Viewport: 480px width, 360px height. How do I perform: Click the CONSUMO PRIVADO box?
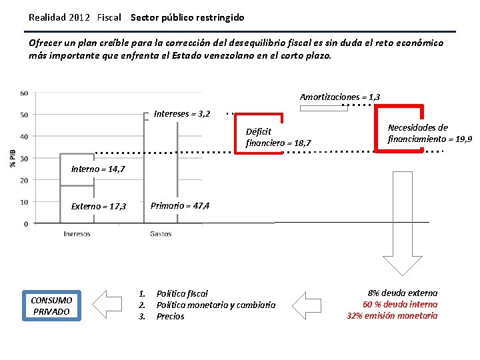pyautogui.click(x=51, y=305)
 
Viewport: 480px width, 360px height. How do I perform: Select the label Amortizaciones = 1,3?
pyautogui.click(x=340, y=97)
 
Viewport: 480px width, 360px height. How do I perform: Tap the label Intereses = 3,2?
pyautogui.click(x=181, y=114)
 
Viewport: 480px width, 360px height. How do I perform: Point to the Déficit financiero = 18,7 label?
pyautogui.click(x=278, y=137)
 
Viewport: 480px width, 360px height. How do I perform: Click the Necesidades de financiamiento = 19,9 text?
pyautogui.click(x=429, y=133)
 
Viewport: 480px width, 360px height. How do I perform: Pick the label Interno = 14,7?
pyautogui.click(x=97, y=169)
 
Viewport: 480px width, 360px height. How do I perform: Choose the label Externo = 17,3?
pyautogui.click(x=99, y=207)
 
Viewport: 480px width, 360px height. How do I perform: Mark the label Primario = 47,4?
pyautogui.click(x=180, y=205)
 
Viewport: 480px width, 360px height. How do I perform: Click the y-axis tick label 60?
pyautogui.click(x=24, y=93)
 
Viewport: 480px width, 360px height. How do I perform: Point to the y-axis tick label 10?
pyautogui.click(x=24, y=202)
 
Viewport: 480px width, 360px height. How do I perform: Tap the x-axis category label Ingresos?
pyautogui.click(x=77, y=234)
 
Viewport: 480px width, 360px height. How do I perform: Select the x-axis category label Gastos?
pyautogui.click(x=161, y=234)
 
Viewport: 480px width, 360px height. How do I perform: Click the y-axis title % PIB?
pyautogui.click(x=13, y=158)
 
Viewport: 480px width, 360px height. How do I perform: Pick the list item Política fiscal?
pyautogui.click(x=182, y=293)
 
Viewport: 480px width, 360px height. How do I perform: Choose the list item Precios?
pyautogui.click(x=170, y=317)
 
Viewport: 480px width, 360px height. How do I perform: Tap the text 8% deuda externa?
pyautogui.click(x=402, y=293)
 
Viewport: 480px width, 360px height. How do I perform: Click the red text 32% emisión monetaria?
pyautogui.click(x=392, y=316)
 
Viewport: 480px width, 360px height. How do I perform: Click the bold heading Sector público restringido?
pyautogui.click(x=187, y=17)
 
